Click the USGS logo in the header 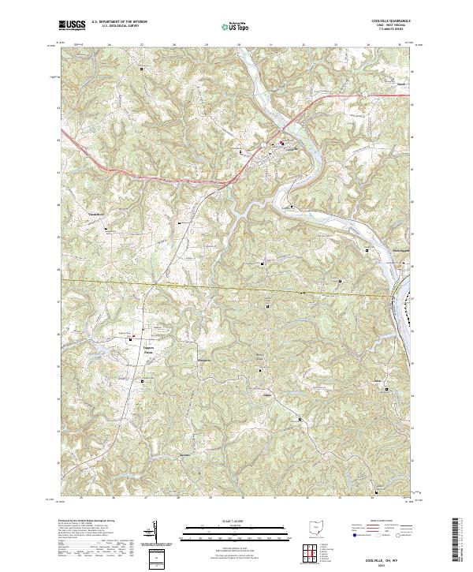point(72,25)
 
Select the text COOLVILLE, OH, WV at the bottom point(389,558)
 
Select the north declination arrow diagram point(151,534)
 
